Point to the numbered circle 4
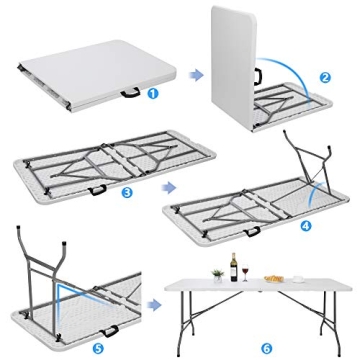coord(305,225)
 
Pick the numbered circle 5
coord(98,322)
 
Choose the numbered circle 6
coord(265,320)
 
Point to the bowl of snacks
coord(273,278)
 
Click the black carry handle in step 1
coord(131,95)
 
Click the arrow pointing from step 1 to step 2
coord(197,74)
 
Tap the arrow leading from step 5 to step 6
coord(154,307)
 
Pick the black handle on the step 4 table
coord(252,231)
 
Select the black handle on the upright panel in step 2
coord(257,75)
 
